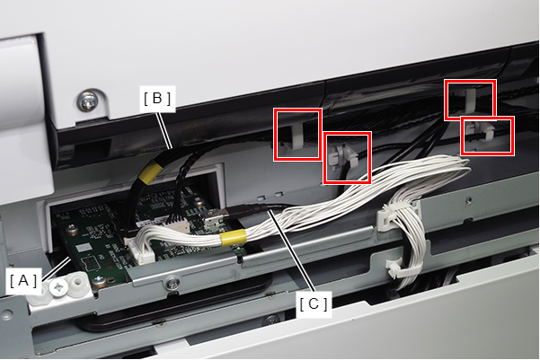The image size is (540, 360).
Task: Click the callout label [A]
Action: (x=23, y=281)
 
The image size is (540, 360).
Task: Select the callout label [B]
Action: (x=157, y=99)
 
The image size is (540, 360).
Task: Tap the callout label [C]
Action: (x=314, y=304)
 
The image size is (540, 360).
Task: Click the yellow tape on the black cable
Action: (x=149, y=172)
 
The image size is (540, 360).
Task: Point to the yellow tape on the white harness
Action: (x=234, y=238)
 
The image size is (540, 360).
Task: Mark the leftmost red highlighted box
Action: (x=298, y=135)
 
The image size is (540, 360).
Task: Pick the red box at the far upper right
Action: (x=470, y=100)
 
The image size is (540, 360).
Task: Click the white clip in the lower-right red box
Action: (x=482, y=132)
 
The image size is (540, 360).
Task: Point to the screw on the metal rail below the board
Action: (x=173, y=284)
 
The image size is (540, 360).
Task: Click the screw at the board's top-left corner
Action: (x=72, y=229)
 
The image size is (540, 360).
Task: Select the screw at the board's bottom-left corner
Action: (x=98, y=281)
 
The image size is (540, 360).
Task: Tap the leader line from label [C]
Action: (x=291, y=250)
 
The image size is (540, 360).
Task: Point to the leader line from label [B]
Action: (x=164, y=130)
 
